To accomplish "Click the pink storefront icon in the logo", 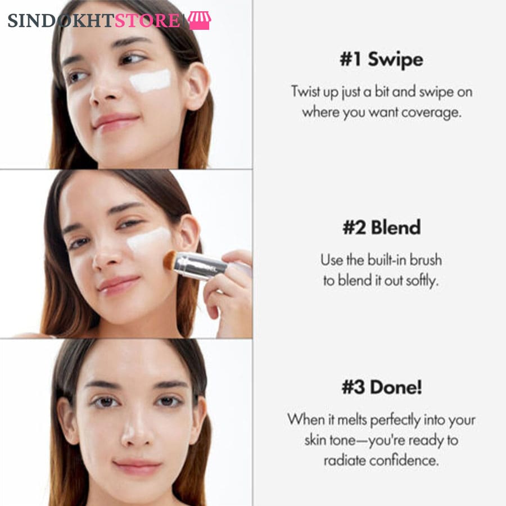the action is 200,20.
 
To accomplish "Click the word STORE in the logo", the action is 147,21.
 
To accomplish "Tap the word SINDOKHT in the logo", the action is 61,21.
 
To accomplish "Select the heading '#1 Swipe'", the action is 381,60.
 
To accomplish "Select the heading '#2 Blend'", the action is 381,227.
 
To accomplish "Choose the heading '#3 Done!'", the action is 382,387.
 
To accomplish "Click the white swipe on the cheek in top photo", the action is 150,80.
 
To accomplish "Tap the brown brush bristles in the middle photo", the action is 170,260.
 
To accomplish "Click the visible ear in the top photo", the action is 197,87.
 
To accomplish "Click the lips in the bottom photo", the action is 137,467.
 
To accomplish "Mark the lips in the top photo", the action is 116,121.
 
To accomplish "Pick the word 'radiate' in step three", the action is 344,460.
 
